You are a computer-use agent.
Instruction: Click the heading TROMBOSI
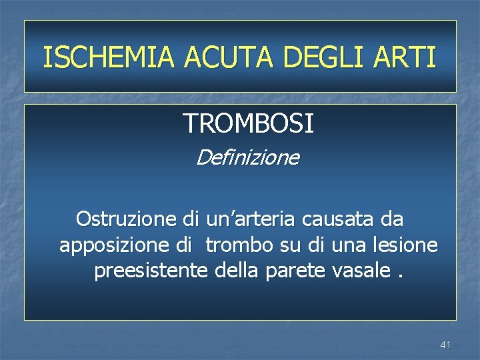pyautogui.click(x=248, y=123)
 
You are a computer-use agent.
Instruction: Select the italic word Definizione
pyautogui.click(x=248, y=159)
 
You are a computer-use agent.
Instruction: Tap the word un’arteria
pyautogui.click(x=253, y=219)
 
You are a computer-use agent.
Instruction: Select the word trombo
pyautogui.click(x=239, y=245)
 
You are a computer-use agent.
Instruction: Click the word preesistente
pyautogui.click(x=151, y=271)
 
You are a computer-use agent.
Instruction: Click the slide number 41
pyautogui.click(x=445, y=345)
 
